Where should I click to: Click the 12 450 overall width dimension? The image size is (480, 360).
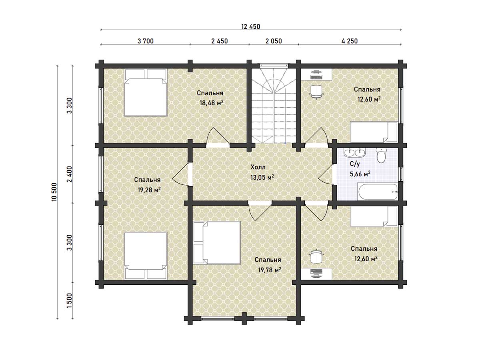coord(251,27)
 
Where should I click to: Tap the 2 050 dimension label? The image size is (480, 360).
coord(274,41)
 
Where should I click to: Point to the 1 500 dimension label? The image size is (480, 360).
coord(69,300)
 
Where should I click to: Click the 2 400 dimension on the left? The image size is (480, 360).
coord(69,174)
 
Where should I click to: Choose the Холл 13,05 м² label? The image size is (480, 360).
coord(262,172)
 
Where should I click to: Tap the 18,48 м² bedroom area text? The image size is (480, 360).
coord(212,103)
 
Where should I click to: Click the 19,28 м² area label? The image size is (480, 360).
coord(149,190)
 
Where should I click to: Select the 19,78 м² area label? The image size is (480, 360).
coord(270,270)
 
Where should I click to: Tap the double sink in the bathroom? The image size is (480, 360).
coord(354,152)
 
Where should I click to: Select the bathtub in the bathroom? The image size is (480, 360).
coord(378,192)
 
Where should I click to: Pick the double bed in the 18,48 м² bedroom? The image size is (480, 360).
coord(146,93)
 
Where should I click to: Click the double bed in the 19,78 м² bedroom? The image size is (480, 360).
coord(217,243)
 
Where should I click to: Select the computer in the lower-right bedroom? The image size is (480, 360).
coord(316,273)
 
